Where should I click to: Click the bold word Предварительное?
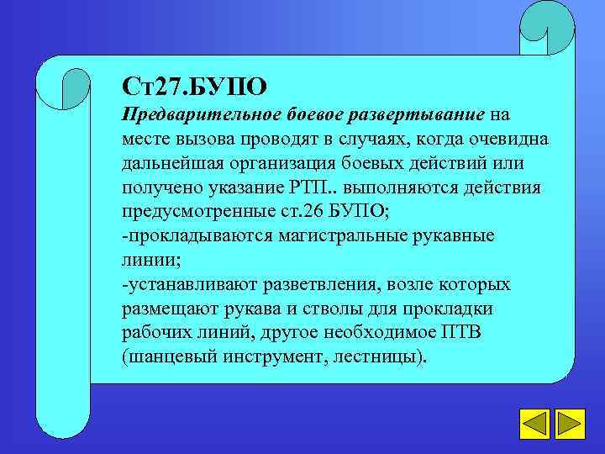pyautogui.click(x=187, y=113)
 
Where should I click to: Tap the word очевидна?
pyautogui.click(x=511, y=138)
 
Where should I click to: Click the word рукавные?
pyautogui.click(x=454, y=235)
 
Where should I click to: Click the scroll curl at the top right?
pyautogui.click(x=546, y=29)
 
